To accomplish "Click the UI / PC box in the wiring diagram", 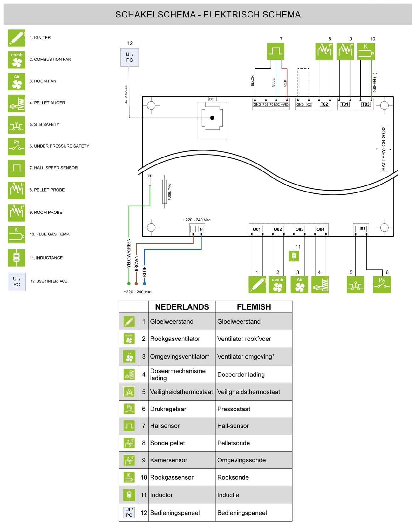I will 129,57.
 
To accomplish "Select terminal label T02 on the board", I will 324,104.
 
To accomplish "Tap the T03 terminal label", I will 366,104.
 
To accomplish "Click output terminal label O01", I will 257,229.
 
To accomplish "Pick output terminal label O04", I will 320,229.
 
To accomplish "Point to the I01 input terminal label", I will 362,228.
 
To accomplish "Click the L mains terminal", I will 193,229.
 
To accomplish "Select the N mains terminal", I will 201,229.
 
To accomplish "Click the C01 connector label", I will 212,99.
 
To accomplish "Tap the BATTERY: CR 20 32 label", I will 384,148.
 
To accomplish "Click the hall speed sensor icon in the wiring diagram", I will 276,52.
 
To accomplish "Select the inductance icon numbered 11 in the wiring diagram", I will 294,256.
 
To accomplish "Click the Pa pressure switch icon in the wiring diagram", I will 382,284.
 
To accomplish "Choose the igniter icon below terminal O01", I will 257,284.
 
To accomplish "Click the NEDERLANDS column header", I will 182,307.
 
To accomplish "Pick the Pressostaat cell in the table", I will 234,409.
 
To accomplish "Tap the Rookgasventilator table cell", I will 175,339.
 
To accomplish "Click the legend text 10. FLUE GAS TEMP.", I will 50,234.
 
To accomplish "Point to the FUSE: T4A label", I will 170,192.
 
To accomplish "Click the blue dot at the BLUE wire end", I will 145,283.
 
